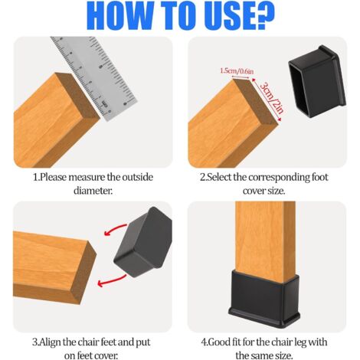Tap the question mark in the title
[x=262, y=15]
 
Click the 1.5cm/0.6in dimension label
[x=237, y=71]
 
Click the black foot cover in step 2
[x=317, y=80]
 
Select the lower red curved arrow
[x=113, y=282]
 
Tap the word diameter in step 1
[x=93, y=191]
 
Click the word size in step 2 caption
[x=276, y=191]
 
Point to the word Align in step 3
[x=48, y=342]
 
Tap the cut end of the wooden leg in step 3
[x=83, y=272]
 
